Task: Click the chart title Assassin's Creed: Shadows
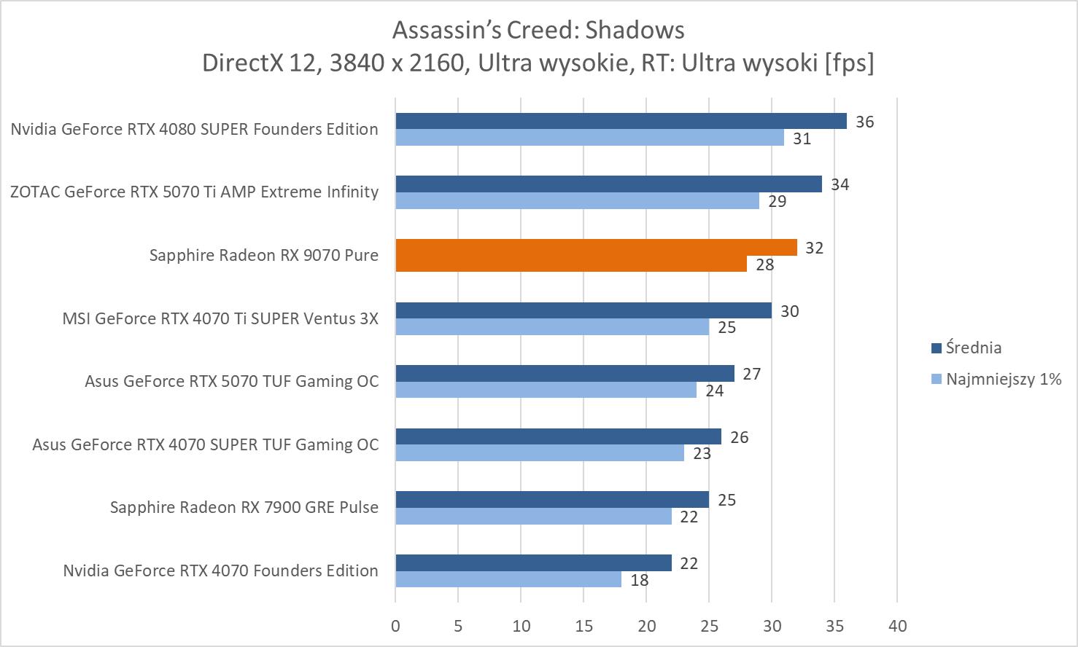pyautogui.click(x=538, y=30)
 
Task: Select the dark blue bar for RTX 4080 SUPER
pyautogui.click(x=621, y=121)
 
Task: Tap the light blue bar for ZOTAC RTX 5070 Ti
pyautogui.click(x=577, y=201)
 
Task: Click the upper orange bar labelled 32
pyautogui.click(x=596, y=248)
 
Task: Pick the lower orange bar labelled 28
pyautogui.click(x=571, y=264)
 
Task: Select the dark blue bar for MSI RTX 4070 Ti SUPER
pyautogui.click(x=583, y=310)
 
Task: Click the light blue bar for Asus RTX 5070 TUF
pyautogui.click(x=546, y=391)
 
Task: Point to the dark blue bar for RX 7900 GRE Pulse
pyautogui.click(x=552, y=499)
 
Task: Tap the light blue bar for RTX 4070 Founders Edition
pyautogui.click(x=508, y=579)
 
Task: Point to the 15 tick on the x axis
pyautogui.click(x=583, y=626)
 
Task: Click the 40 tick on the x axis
pyautogui.click(x=897, y=626)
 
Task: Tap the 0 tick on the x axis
pyautogui.click(x=395, y=626)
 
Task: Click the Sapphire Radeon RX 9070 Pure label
pyautogui.click(x=263, y=255)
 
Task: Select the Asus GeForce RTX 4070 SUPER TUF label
pyautogui.click(x=205, y=444)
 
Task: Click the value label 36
pyautogui.click(x=864, y=122)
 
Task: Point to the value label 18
pyautogui.click(x=639, y=580)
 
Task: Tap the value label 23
pyautogui.click(x=702, y=454)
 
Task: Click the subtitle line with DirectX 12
pyautogui.click(x=538, y=63)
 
